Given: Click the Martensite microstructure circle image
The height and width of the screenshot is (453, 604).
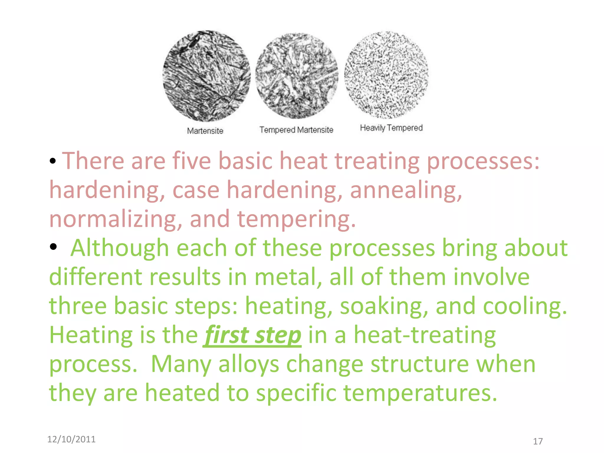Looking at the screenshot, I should (x=206, y=76).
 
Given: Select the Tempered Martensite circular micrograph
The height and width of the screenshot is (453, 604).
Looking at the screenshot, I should (x=296, y=76).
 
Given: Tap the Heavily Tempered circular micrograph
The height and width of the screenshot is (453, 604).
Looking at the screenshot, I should (x=386, y=75).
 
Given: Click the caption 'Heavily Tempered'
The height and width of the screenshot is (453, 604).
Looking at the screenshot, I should (x=391, y=128).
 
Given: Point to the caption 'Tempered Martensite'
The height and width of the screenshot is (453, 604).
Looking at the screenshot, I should (x=296, y=130).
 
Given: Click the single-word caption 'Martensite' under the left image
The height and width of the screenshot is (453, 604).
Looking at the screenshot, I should (x=205, y=131).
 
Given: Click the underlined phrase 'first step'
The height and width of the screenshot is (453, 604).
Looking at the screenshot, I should (x=252, y=335).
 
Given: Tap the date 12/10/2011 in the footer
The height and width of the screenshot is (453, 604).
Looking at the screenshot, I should (x=71, y=439).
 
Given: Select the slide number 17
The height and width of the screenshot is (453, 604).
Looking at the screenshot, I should (x=538, y=441).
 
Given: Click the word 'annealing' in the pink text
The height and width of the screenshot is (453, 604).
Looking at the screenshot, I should (x=406, y=190).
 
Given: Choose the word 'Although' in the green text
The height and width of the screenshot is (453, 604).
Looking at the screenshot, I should (x=119, y=248).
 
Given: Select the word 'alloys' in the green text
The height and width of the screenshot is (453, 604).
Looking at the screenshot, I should (x=249, y=365).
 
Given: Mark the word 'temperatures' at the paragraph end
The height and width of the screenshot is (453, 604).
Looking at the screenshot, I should (x=420, y=393).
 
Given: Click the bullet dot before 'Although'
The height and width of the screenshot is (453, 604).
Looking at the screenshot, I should (x=53, y=247).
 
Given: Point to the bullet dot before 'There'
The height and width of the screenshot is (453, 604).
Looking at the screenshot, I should (x=53, y=161).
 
